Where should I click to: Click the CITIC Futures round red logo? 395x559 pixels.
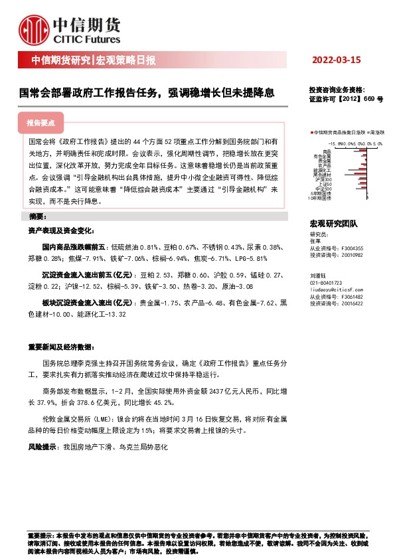(x=33, y=29)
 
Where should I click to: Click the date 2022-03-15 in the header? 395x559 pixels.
(x=336, y=60)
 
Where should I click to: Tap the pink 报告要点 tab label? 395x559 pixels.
(x=42, y=123)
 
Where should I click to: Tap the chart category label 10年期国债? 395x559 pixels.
(x=320, y=198)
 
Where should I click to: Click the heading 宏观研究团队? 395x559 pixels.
(x=333, y=224)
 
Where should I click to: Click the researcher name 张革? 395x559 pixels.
(x=315, y=242)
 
